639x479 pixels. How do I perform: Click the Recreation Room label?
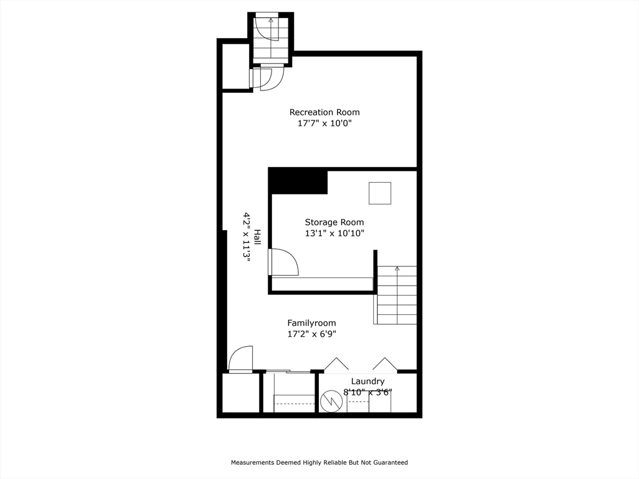coord(324,112)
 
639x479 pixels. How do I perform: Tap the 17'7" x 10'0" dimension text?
coord(324,123)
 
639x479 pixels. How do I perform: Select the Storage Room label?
coord(334,222)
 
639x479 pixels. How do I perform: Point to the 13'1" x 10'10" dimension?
coord(334,233)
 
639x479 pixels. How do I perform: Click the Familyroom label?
coord(311,323)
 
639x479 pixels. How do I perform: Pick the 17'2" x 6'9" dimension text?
coord(311,334)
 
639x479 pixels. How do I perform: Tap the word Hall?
coord(257,237)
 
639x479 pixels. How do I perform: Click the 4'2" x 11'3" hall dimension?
coord(247,237)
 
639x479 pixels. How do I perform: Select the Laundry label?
coord(368,382)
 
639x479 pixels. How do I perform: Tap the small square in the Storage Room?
coord(379,193)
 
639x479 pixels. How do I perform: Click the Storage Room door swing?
coord(284,262)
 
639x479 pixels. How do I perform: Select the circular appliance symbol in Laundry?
coord(329,402)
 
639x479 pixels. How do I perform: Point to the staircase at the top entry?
coord(271,37)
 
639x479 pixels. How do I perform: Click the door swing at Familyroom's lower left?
coord(241,359)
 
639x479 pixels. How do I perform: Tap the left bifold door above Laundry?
coord(336,364)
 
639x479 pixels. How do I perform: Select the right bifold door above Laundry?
coord(384,364)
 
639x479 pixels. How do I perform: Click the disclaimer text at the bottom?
coord(319,463)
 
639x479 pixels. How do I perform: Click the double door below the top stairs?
coord(266,77)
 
